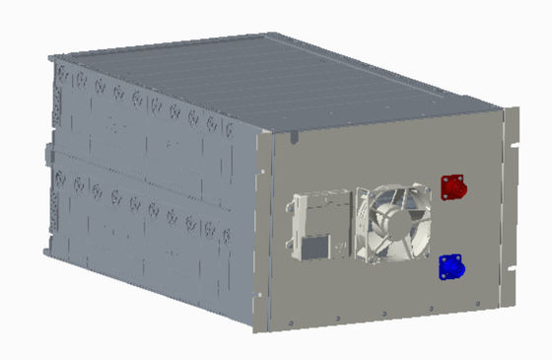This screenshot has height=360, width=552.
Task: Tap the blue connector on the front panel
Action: [x=451, y=265]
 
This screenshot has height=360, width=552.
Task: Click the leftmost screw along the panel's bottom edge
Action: [x=293, y=321]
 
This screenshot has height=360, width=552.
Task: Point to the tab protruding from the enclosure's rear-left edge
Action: [x=46, y=155]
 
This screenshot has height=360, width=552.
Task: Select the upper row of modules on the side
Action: [x=148, y=118]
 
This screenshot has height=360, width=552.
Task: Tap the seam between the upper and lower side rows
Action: [x=148, y=166]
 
